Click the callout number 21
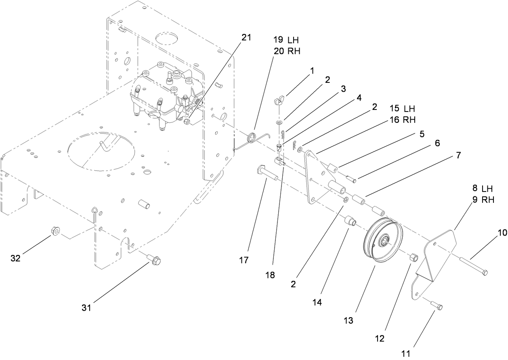point(246,38)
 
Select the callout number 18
point(270,275)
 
